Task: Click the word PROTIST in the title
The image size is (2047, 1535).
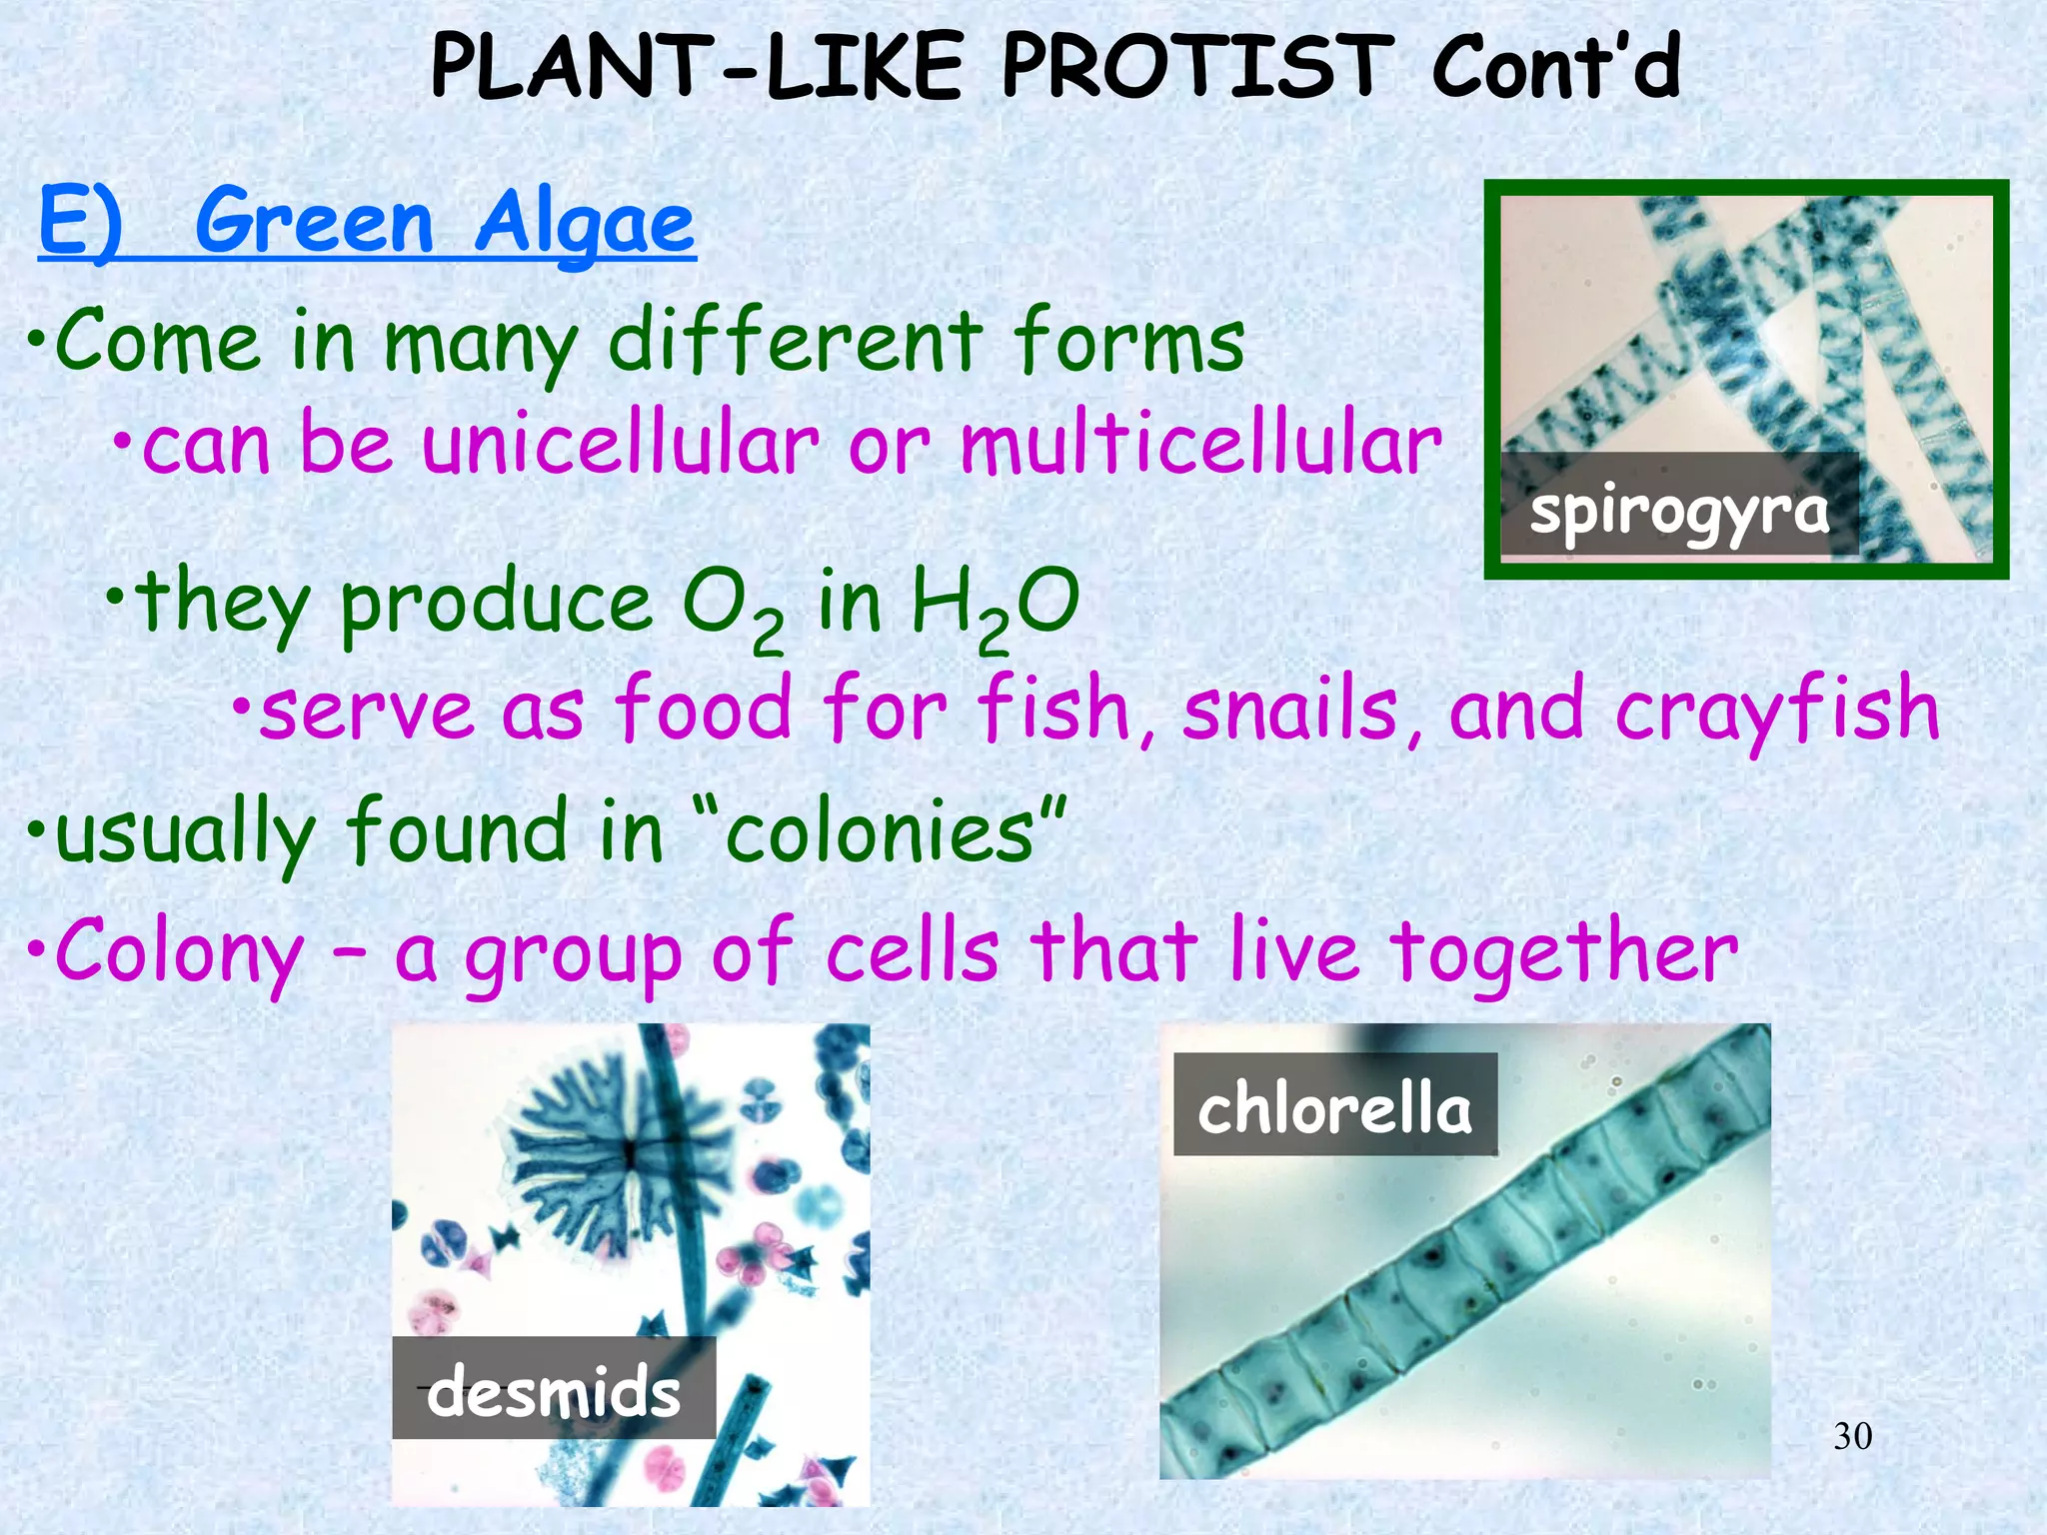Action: tap(1196, 67)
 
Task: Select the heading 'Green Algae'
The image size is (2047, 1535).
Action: tap(445, 223)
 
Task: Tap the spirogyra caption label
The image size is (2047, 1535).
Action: tap(1678, 509)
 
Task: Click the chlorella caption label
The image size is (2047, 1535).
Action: tap(1334, 1107)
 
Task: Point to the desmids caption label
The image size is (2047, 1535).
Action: tap(553, 1390)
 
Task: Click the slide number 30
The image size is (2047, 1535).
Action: tap(1852, 1436)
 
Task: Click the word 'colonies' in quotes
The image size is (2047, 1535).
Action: tap(880, 831)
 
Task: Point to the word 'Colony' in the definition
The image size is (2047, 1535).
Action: tap(180, 952)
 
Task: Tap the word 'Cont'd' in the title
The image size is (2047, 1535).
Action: tap(1555, 67)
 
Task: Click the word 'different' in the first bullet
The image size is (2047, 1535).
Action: tap(795, 341)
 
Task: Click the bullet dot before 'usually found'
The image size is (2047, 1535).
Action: tap(36, 830)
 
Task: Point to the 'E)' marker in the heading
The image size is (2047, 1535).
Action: tap(80, 223)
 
